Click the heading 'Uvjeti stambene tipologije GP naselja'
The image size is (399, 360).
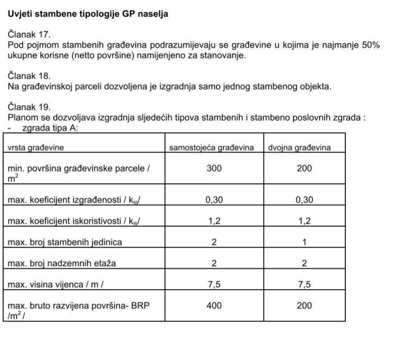(x=88, y=14)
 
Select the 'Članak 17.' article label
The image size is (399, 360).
(x=29, y=35)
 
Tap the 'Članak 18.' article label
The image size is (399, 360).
(x=29, y=76)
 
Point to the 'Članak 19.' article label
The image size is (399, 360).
(x=29, y=107)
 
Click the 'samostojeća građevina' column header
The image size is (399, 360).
(x=211, y=148)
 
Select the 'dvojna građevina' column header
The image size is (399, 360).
(x=299, y=148)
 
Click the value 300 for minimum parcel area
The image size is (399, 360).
(x=214, y=169)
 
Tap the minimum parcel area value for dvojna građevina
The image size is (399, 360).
(x=304, y=169)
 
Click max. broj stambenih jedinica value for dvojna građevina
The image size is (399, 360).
(x=305, y=242)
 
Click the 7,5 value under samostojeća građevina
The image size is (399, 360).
(x=214, y=284)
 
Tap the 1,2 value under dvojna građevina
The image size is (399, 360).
(x=305, y=221)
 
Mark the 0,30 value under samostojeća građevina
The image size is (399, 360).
(x=214, y=200)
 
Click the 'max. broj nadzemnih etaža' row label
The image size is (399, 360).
(x=62, y=263)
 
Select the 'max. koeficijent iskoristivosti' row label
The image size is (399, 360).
(x=73, y=221)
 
